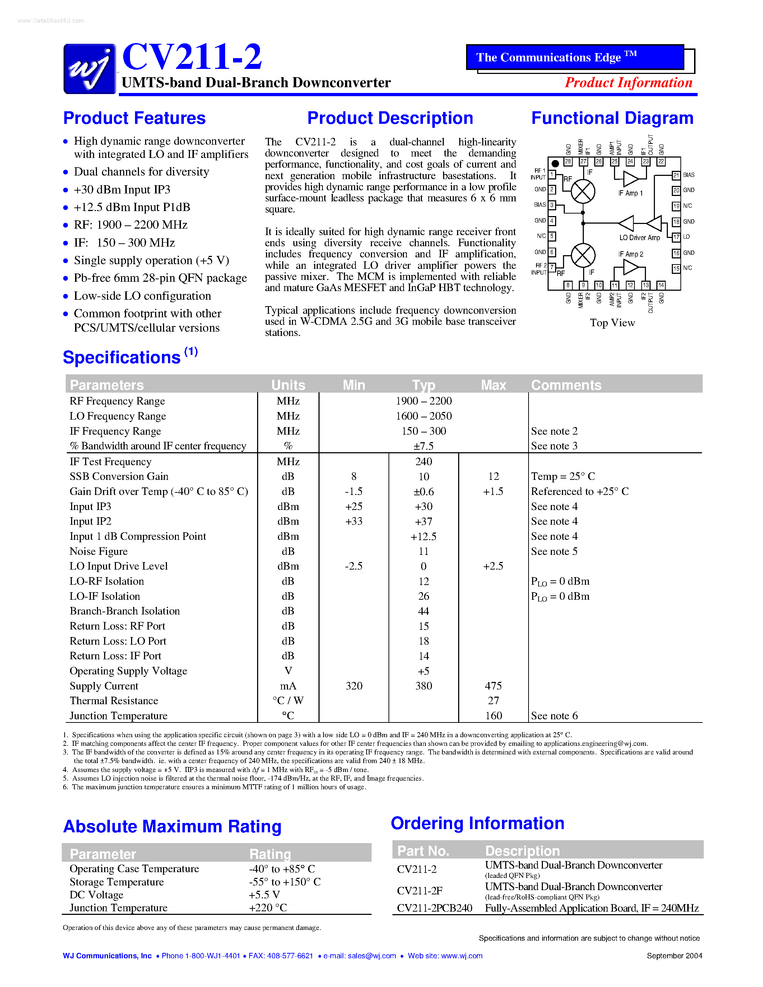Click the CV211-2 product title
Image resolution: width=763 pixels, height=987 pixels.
pyautogui.click(x=192, y=57)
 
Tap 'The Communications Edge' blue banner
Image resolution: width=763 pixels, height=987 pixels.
pyautogui.click(x=575, y=57)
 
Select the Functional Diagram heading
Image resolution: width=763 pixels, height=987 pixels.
pyautogui.click(x=612, y=118)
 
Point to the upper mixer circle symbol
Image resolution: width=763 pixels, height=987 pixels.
pyautogui.click(x=583, y=191)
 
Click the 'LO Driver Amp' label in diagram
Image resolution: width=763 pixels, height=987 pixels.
pyautogui.click(x=639, y=237)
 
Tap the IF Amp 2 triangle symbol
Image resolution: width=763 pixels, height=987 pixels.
pyautogui.click(x=630, y=267)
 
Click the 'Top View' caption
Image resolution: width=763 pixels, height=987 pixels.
pyautogui.click(x=612, y=323)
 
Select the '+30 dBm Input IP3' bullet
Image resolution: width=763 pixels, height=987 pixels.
pyautogui.click(x=122, y=190)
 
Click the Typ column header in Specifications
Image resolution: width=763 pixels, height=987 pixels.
pyautogui.click(x=423, y=385)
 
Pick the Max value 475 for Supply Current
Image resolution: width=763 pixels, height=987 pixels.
pyautogui.click(x=493, y=686)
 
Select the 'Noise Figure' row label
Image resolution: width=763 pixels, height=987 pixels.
pyautogui.click(x=98, y=551)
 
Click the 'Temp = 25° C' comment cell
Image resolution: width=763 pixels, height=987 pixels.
pyautogui.click(x=563, y=476)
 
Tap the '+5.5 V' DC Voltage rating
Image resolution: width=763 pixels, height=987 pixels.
pyautogui.click(x=264, y=894)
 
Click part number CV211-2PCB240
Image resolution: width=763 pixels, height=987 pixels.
pyautogui.click(x=434, y=908)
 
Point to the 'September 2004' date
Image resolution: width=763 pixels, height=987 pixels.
pyautogui.click(x=674, y=955)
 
